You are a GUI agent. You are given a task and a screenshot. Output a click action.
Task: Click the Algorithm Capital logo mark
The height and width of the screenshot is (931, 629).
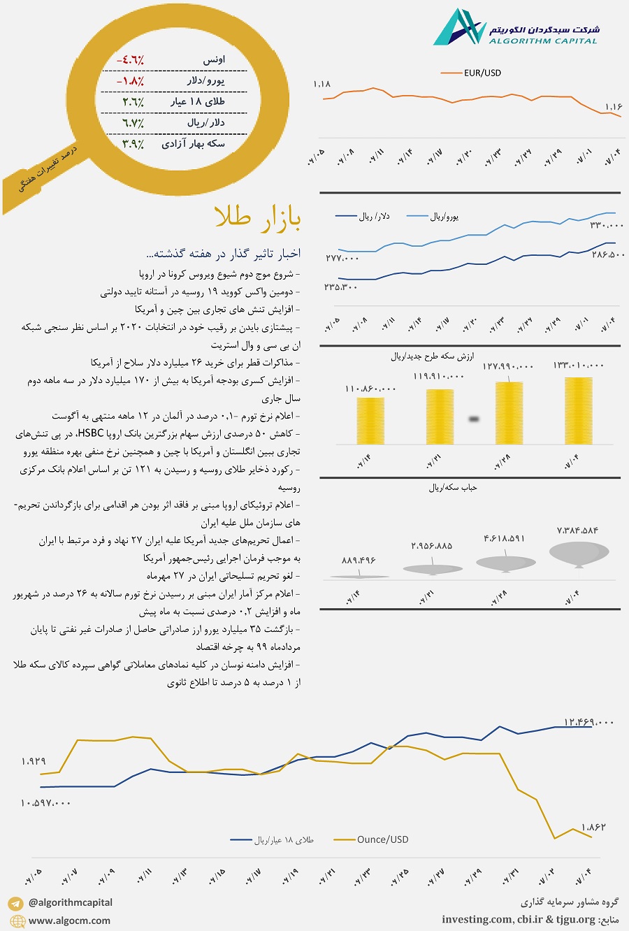click(x=458, y=28)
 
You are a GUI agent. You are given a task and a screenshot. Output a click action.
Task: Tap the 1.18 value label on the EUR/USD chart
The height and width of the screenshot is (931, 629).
click(x=321, y=85)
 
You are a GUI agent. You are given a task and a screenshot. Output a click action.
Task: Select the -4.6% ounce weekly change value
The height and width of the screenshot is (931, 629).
click(x=130, y=60)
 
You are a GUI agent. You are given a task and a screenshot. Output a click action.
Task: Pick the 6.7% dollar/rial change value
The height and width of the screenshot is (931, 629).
click(x=133, y=123)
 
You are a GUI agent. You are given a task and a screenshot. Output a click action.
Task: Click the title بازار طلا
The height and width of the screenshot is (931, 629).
click(x=259, y=218)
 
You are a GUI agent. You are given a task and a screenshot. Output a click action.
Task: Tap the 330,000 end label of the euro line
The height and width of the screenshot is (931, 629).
click(x=606, y=225)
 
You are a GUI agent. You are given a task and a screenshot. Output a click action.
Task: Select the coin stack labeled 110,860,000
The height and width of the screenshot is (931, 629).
click(x=370, y=421)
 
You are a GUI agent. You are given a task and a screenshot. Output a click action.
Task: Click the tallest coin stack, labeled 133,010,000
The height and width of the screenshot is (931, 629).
click(x=578, y=411)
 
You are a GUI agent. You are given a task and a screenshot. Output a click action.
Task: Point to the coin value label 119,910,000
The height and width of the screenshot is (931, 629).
click(x=438, y=377)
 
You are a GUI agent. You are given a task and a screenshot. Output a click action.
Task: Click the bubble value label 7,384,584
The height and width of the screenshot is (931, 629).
click(x=577, y=531)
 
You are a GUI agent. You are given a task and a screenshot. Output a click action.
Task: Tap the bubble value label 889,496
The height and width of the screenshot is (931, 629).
click(x=359, y=561)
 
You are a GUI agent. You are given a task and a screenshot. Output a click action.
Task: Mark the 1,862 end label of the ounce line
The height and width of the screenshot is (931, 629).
click(x=593, y=827)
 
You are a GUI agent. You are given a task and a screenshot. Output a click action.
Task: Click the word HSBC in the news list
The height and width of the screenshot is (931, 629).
click(x=91, y=434)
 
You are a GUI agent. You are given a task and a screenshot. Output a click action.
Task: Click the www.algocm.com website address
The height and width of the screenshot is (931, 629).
click(x=69, y=921)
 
